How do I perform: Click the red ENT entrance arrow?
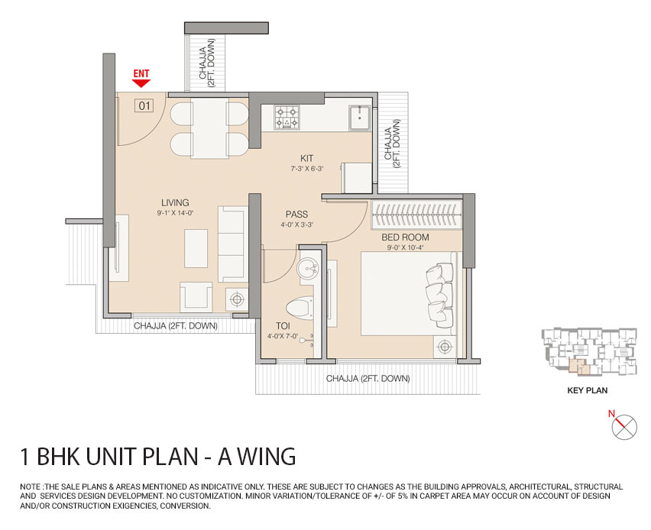[x=141, y=83]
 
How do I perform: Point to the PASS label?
[x=296, y=215]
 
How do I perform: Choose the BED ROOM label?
[x=405, y=238]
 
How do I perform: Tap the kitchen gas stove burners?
[x=287, y=117]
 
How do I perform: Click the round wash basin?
[x=310, y=270]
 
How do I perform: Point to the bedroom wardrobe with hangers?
[x=417, y=215]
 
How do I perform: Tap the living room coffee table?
[x=196, y=247]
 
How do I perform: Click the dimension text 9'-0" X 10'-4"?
[x=405, y=248]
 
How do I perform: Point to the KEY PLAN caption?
[x=586, y=389]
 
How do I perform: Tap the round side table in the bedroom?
[x=444, y=347]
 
